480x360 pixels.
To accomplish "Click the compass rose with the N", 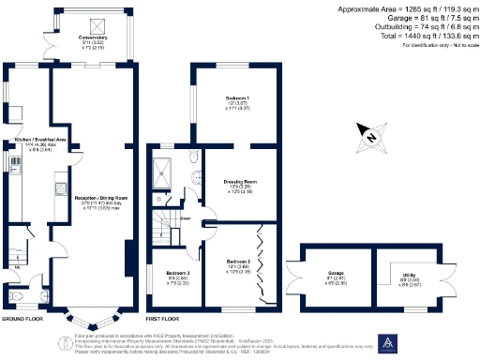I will [371, 138].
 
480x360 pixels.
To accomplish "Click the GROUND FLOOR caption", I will [20, 320].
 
